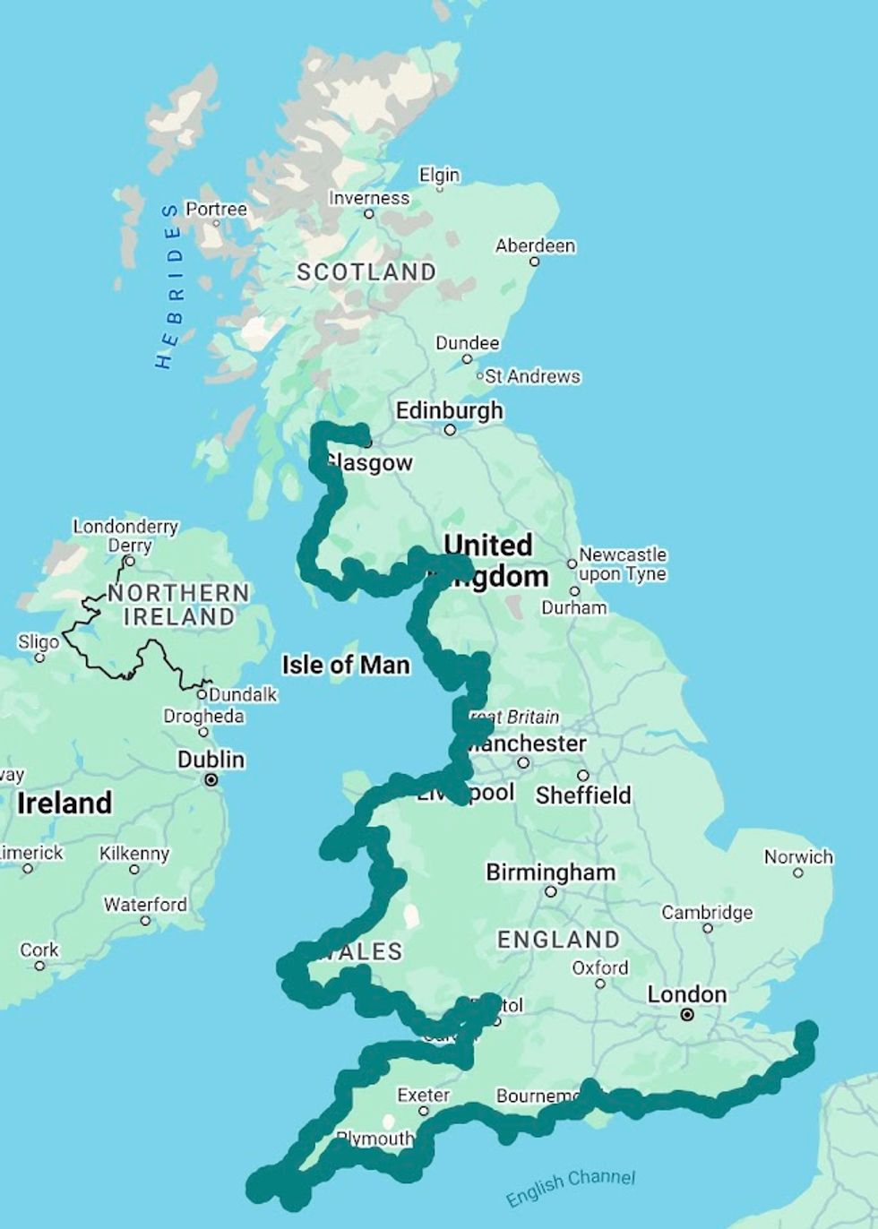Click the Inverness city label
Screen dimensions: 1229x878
click(x=368, y=198)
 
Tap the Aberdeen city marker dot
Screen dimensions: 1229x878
click(x=534, y=262)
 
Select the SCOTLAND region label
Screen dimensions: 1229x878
click(x=366, y=272)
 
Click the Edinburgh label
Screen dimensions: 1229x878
click(x=450, y=411)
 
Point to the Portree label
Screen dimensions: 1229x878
click(x=216, y=209)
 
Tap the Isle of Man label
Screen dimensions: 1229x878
click(x=346, y=665)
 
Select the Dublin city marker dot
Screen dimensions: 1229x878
click(x=211, y=780)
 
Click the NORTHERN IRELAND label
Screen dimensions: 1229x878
click(x=179, y=605)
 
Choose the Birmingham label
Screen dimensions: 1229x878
click(x=550, y=872)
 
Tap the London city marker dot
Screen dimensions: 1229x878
click(x=687, y=1015)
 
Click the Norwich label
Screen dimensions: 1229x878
click(x=798, y=857)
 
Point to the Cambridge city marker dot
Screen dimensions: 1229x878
click(x=708, y=928)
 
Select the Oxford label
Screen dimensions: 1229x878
click(x=600, y=968)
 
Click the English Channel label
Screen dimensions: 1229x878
click(x=570, y=1188)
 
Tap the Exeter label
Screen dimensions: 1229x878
click(x=424, y=1095)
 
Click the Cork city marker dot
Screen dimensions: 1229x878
click(x=39, y=966)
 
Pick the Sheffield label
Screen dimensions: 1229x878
click(x=583, y=795)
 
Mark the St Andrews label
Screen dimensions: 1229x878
click(x=532, y=376)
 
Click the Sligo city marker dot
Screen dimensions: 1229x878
click(x=39, y=657)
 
